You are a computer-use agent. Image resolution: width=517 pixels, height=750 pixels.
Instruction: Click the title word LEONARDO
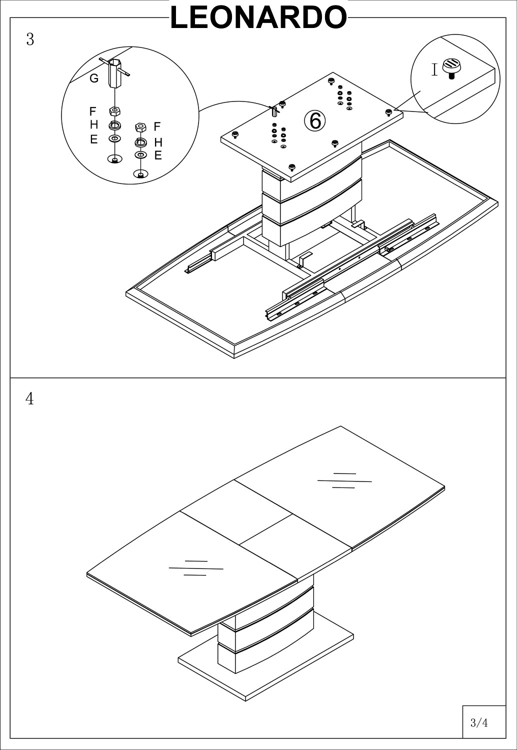[x=258, y=17]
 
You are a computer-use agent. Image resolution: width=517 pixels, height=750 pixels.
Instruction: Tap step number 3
[x=30, y=40]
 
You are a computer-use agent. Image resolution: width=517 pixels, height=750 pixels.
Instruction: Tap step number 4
[x=30, y=398]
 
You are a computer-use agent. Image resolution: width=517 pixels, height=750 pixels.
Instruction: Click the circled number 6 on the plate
[x=315, y=121]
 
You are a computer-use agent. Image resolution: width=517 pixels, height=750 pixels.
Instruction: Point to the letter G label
[x=94, y=79]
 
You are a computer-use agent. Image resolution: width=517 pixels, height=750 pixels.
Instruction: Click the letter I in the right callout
[x=434, y=70]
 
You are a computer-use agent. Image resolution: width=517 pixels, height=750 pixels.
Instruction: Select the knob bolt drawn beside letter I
[x=451, y=66]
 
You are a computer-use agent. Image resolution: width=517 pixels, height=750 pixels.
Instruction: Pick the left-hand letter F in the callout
[x=92, y=111]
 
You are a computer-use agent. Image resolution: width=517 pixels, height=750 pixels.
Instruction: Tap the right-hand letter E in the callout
[x=158, y=155]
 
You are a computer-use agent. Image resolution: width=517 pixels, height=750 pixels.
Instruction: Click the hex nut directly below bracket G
[x=115, y=111]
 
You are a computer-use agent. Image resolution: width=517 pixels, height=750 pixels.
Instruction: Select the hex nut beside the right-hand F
[x=140, y=127]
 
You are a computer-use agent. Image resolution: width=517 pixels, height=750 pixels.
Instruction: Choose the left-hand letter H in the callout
[x=94, y=125]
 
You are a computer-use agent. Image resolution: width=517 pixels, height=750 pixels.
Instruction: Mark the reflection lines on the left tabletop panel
[x=196, y=568]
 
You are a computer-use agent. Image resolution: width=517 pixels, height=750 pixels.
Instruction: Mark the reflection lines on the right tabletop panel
[x=344, y=480]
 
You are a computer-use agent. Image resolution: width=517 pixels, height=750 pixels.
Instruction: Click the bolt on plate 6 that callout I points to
[x=388, y=111]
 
